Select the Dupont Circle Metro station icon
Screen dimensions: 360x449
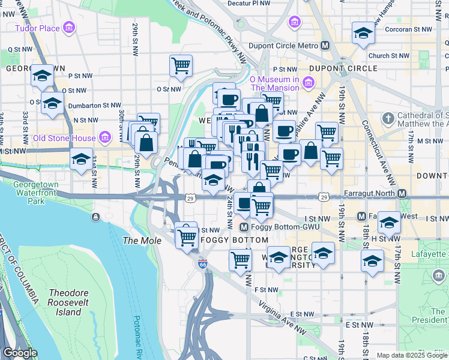tap(325, 46)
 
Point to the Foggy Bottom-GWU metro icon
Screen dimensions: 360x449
tap(244, 227)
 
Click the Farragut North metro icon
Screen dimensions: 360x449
tap(402, 194)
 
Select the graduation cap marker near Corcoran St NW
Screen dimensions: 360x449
tap(363, 33)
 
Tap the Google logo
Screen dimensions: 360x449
tap(20, 353)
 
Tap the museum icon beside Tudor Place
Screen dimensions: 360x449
tap(69, 28)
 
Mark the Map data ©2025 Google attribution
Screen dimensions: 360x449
tap(411, 355)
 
